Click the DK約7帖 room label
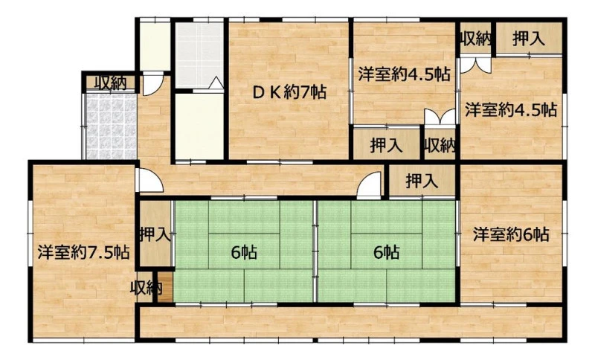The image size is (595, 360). pyautogui.click(x=289, y=92)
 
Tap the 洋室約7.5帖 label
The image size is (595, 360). pyautogui.click(x=83, y=252)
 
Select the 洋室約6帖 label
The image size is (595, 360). pyautogui.click(x=511, y=234)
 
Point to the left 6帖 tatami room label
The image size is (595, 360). pyautogui.click(x=244, y=252)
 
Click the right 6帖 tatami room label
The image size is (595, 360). pyautogui.click(x=386, y=252)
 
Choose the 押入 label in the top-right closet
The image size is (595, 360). pyautogui.click(x=529, y=39)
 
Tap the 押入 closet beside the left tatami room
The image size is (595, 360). pyautogui.click(x=155, y=234)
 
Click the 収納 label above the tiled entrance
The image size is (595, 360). pyautogui.click(x=110, y=83)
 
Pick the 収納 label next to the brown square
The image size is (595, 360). pyautogui.click(x=146, y=288)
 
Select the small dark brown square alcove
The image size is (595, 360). pyautogui.click(x=165, y=287)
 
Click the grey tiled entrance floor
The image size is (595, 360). pyautogui.click(x=111, y=126)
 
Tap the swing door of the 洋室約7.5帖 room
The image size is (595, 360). pyautogui.click(x=150, y=180)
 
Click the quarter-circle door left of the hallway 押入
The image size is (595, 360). pyautogui.click(x=369, y=185)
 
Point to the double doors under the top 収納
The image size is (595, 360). pyautogui.click(x=475, y=65)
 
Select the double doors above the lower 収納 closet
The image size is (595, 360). pyautogui.click(x=440, y=117)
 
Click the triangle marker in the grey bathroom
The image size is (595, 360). pyautogui.click(x=216, y=83)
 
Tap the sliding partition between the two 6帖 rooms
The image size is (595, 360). pyautogui.click(x=315, y=251)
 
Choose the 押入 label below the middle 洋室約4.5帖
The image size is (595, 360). pyautogui.click(x=386, y=145)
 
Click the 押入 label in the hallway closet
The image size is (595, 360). pyautogui.click(x=422, y=181)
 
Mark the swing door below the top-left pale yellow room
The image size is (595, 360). pyautogui.click(x=153, y=84)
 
